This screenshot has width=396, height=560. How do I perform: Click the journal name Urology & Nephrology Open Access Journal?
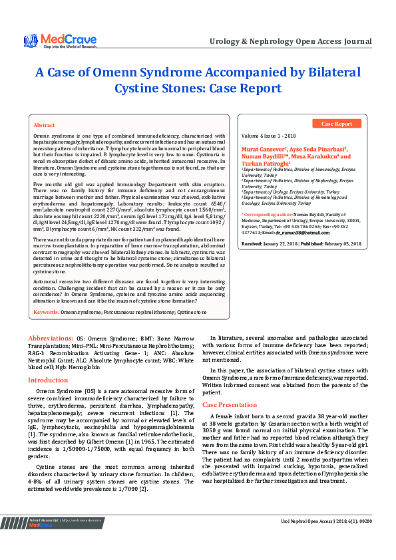point(290,41)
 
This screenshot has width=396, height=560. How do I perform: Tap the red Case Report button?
point(337,124)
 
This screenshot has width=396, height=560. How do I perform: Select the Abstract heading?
point(44,125)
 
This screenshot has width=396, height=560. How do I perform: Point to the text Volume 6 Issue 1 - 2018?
point(268,135)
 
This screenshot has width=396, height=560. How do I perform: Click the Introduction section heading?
point(48,380)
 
